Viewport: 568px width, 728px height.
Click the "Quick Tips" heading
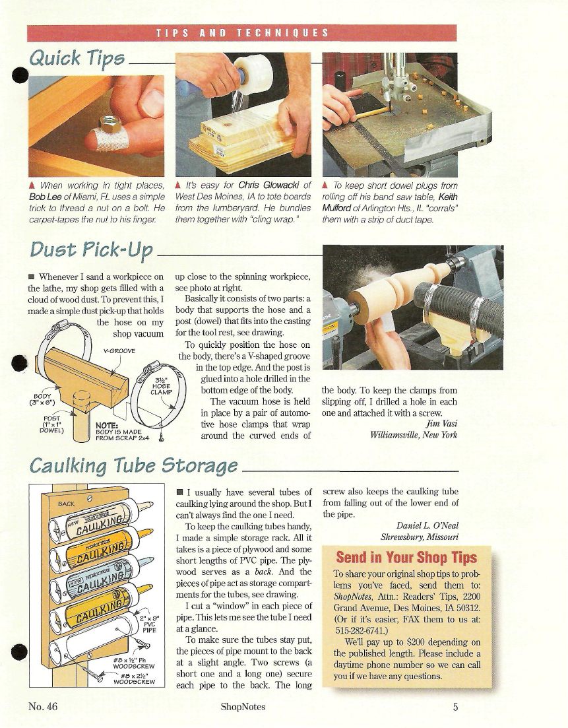coord(77,59)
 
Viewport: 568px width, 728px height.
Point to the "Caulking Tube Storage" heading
coord(134,465)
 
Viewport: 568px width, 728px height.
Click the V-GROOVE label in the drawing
coord(119,351)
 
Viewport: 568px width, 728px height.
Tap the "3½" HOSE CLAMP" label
coord(161,386)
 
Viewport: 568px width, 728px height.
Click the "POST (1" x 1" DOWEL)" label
coord(51,424)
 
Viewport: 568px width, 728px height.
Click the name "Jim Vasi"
coord(441,424)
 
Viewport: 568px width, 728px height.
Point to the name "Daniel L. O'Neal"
coord(427,525)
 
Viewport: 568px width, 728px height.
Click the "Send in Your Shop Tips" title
coord(406,557)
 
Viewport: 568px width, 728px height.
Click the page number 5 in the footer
coord(455,707)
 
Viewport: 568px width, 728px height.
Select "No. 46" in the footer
coord(43,707)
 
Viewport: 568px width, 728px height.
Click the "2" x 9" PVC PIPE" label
coord(149,624)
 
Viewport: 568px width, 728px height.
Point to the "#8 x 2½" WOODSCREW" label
coord(134,678)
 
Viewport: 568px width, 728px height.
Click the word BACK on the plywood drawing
coord(67,504)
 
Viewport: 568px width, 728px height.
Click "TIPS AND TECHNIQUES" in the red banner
coord(242,33)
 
